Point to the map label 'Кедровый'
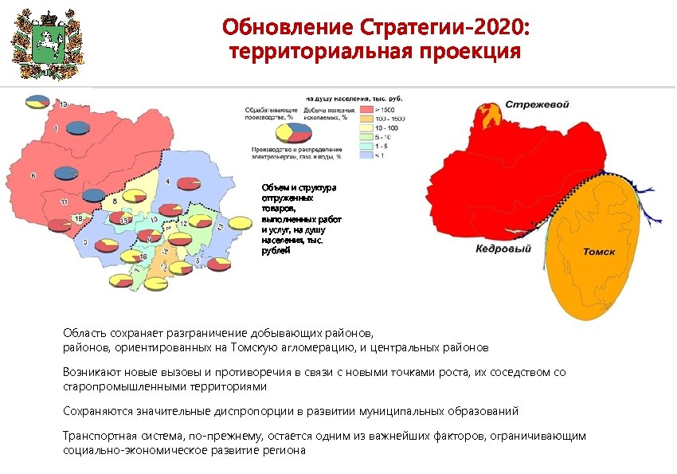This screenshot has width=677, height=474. point(503,249)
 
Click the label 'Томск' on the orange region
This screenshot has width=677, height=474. point(599,252)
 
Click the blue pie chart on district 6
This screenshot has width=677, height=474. point(65,173)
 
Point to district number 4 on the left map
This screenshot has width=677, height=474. point(167,182)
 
